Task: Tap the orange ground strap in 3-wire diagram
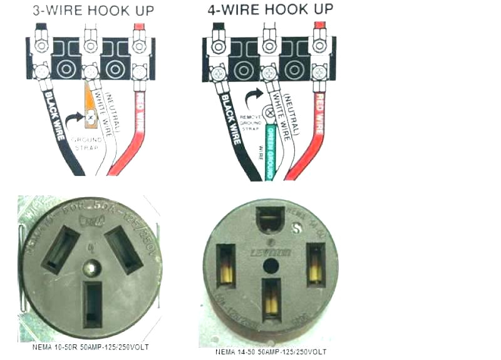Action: (90, 106)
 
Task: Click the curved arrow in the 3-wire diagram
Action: (75, 119)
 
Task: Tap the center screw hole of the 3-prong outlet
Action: (92, 268)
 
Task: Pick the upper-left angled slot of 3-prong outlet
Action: (60, 249)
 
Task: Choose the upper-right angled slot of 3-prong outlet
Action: (123, 249)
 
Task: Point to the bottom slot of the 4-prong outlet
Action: (271, 296)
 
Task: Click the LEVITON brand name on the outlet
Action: (272, 252)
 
